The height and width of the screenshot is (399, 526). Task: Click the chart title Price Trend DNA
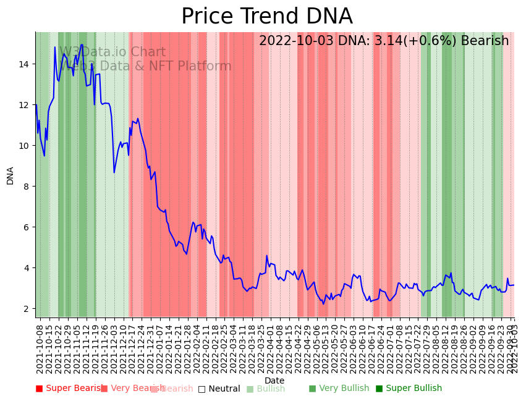pos(266,17)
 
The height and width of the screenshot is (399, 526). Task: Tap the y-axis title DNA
pos(11,175)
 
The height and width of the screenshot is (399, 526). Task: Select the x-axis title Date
pos(274,381)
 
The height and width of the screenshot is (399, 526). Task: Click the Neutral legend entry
pos(219,388)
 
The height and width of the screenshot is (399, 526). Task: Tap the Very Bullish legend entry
pos(339,388)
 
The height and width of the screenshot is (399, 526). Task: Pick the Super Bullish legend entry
pos(409,388)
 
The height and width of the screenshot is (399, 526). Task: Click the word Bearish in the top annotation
pos(486,41)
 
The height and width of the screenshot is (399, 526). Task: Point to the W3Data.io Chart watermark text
pos(112,52)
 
